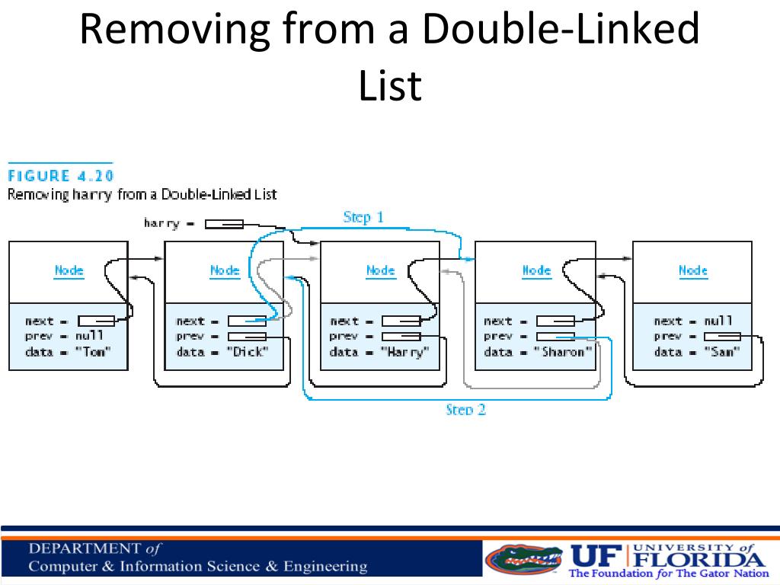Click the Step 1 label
pyautogui.click(x=363, y=217)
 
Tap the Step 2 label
pyautogui.click(x=465, y=410)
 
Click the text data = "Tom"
pyautogui.click(x=68, y=352)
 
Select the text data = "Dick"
pyautogui.click(x=222, y=352)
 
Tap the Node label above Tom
pyautogui.click(x=69, y=270)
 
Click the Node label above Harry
pyautogui.click(x=381, y=270)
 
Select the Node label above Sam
pyautogui.click(x=693, y=270)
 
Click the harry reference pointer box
pyautogui.click(x=224, y=224)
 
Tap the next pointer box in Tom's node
pyautogui.click(x=96, y=321)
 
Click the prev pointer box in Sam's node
pyautogui.click(x=722, y=337)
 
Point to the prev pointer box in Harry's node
pyautogui.click(x=401, y=337)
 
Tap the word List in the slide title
pyautogui.click(x=389, y=85)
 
